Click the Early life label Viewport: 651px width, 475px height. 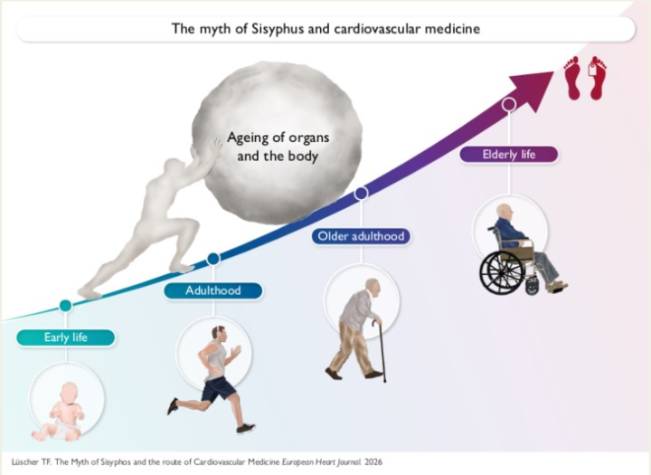66,337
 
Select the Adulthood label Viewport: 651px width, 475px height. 213,290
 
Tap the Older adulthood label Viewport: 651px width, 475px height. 361,236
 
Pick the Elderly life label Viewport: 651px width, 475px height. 509,155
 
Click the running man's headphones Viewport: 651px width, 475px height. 219,331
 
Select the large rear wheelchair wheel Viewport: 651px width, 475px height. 503,272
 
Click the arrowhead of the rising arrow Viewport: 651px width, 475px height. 533,89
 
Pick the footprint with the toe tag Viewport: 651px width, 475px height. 597,78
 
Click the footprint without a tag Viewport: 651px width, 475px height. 572,78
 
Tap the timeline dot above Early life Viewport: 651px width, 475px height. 66,306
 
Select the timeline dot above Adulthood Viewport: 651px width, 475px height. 213,259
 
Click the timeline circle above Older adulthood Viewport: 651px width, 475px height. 361,193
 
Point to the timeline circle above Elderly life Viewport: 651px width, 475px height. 509,104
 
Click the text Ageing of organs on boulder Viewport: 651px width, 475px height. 278,138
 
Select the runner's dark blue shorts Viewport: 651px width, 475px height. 218,388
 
